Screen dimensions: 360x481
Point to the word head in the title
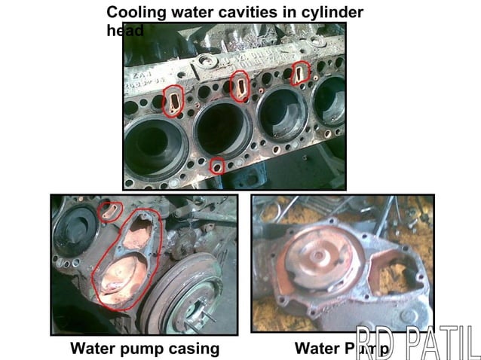[x=124, y=30]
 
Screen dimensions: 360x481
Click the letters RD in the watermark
[x=375, y=343]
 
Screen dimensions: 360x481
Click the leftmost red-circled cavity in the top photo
[x=173, y=100]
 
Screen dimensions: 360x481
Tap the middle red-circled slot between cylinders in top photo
[x=240, y=86]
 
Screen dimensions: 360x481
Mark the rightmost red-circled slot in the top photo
[x=301, y=72]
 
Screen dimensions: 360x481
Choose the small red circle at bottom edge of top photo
[x=217, y=165]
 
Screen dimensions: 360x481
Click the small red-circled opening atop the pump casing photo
[x=112, y=210]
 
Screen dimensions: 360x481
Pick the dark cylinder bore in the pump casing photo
[x=75, y=230]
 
